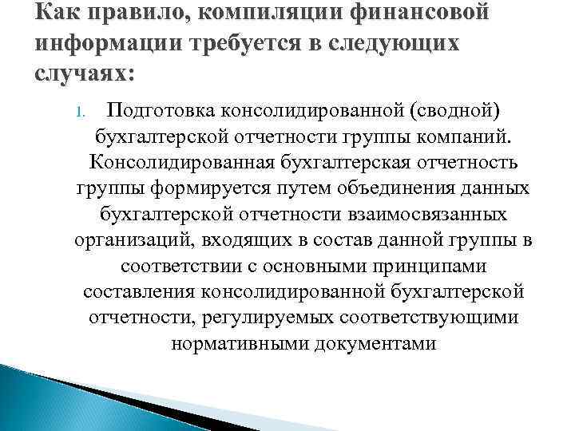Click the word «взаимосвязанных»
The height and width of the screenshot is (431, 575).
pos(426,215)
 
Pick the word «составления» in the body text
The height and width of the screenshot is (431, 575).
pos(140,293)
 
